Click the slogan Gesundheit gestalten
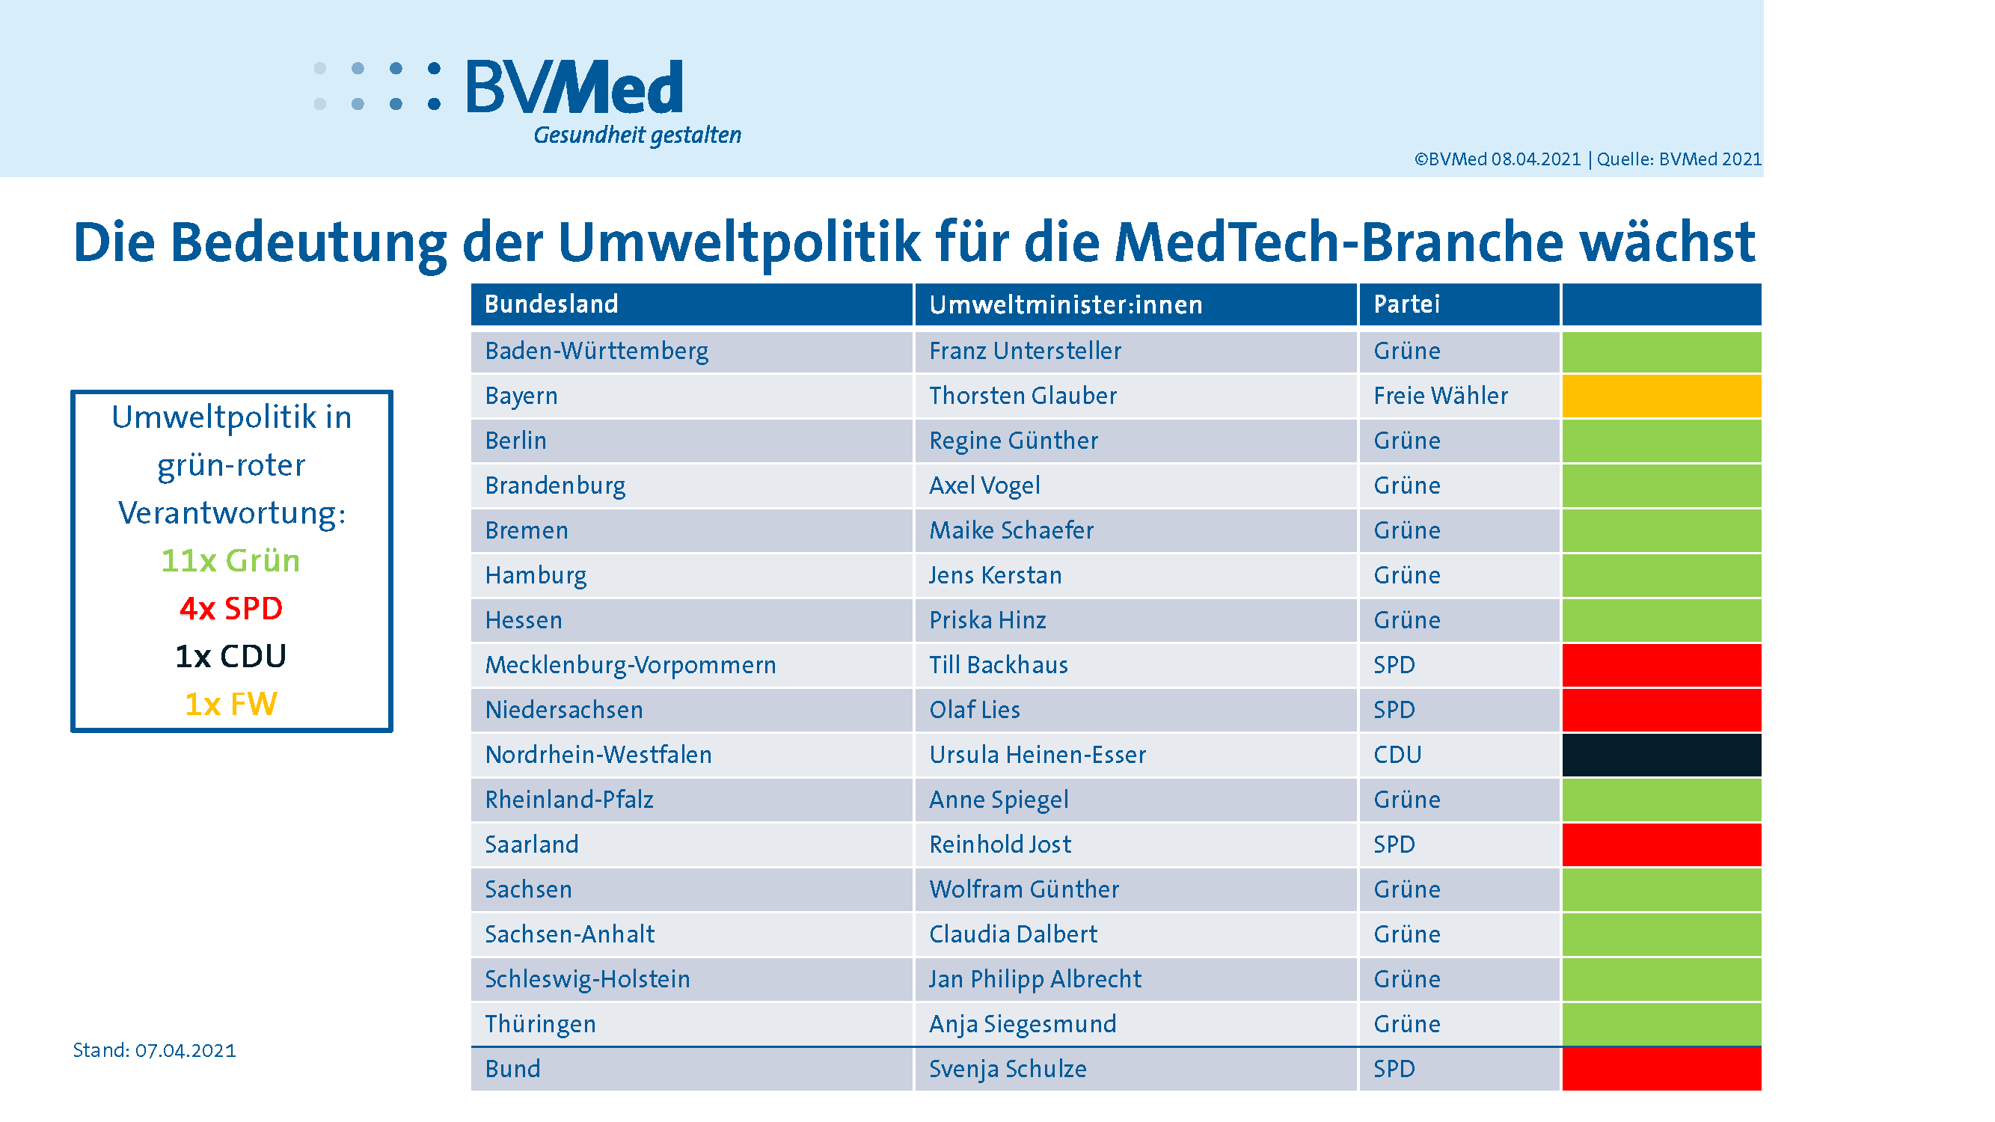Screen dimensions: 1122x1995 pos(637,135)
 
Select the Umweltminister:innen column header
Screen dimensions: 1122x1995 pos(1065,304)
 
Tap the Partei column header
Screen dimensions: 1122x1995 pos(1406,304)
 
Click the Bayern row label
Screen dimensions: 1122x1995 pos(521,396)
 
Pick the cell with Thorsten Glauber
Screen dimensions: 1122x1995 pos(1023,396)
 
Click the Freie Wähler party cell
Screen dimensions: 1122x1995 pos(1440,396)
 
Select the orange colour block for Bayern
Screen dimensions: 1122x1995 pos(1661,396)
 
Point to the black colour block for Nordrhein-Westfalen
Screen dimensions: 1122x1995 pos(1661,755)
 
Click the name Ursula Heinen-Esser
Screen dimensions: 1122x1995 pos(1037,755)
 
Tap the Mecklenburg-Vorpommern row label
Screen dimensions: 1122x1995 pos(630,665)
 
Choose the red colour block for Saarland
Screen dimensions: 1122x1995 pos(1661,844)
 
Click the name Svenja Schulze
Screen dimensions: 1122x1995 pos(1008,1070)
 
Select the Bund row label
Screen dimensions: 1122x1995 pos(512,1070)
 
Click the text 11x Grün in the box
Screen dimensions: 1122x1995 pos(231,560)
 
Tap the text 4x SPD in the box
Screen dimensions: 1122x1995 pos(231,609)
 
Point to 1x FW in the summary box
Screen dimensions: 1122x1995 pos(231,705)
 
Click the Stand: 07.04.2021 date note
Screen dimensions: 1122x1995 pos(154,1051)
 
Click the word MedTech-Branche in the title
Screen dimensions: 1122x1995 pos(1338,242)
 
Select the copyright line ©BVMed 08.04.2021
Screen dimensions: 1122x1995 pos(1496,159)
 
